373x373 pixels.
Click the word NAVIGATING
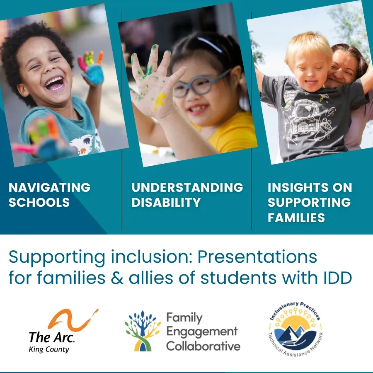click(x=50, y=187)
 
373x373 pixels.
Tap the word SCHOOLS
click(x=39, y=203)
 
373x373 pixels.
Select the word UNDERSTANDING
click(x=187, y=187)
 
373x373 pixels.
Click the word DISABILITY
click(x=166, y=203)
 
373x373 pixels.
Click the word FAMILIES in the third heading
click(x=296, y=218)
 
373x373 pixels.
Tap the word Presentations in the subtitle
click(x=257, y=257)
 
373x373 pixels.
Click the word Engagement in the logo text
click(x=202, y=332)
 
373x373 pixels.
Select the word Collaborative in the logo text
click(x=203, y=346)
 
